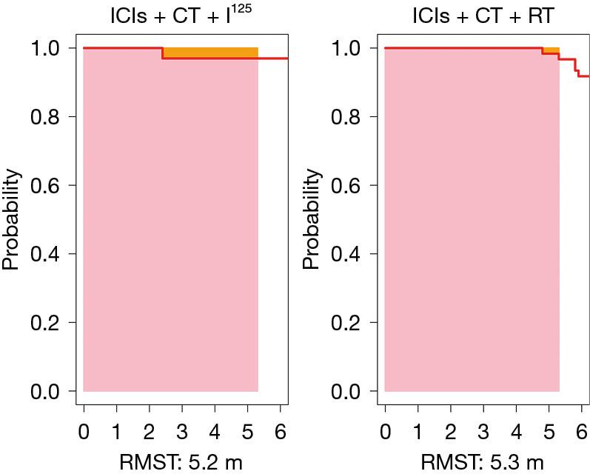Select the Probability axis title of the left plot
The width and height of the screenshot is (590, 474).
pyautogui.click(x=12, y=220)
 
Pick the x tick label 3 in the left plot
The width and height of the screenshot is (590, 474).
pyautogui.click(x=182, y=431)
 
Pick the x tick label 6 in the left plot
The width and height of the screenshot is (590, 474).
pyautogui.click(x=280, y=431)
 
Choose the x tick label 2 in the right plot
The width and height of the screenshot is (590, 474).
pyautogui.click(x=450, y=431)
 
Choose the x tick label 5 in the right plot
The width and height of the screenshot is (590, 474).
pyautogui.click(x=549, y=431)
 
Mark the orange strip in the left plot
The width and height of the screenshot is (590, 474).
pyautogui.click(x=210, y=53)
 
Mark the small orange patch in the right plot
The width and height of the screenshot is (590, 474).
pyautogui.click(x=551, y=50)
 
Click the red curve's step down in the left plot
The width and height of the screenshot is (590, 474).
pyautogui.click(x=163, y=53)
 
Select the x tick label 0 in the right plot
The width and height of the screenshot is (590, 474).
pyautogui.click(x=385, y=431)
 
